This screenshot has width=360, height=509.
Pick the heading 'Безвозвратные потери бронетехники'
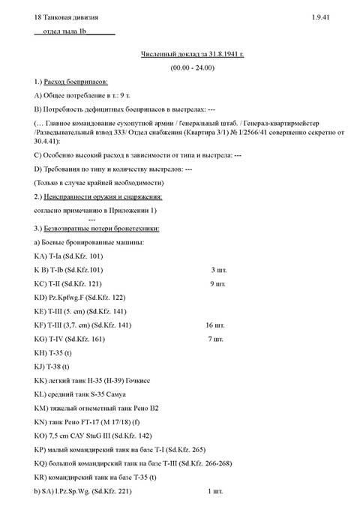click(103, 229)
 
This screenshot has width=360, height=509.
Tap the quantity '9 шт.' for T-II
click(218, 285)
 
